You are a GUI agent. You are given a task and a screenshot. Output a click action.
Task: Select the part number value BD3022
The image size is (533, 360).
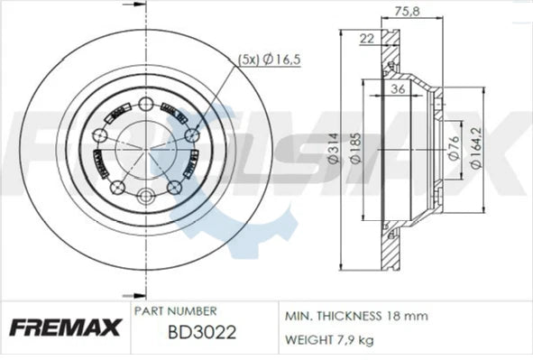(202, 331)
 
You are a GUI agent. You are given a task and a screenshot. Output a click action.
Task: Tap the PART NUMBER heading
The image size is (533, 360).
(173, 310)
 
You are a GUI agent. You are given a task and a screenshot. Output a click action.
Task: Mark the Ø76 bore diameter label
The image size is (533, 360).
(451, 149)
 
